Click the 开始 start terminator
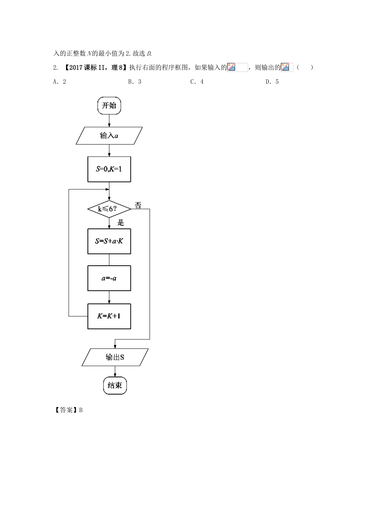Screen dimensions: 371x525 (x=109, y=106)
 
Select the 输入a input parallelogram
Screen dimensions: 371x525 (x=109, y=136)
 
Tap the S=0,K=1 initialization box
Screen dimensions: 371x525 (x=109, y=169)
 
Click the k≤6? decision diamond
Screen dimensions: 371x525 (x=109, y=209)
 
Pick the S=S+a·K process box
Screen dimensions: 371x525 (x=109, y=241)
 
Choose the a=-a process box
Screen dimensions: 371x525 (x=109, y=278)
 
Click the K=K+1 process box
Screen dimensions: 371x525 (x=109, y=316)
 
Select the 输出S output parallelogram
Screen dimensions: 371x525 (x=115, y=357)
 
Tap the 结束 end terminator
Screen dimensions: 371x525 (x=115, y=386)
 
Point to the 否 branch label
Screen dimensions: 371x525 (x=138, y=205)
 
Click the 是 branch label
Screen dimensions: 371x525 (x=121, y=222)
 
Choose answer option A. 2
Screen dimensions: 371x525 (x=60, y=82)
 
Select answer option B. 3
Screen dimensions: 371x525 (x=135, y=82)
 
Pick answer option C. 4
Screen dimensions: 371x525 (x=197, y=82)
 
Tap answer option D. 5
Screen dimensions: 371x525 (x=272, y=82)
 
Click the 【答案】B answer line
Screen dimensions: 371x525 (x=68, y=410)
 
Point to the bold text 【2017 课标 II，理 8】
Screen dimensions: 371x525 (x=95, y=68)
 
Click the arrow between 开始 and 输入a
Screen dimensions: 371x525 (x=109, y=121)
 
